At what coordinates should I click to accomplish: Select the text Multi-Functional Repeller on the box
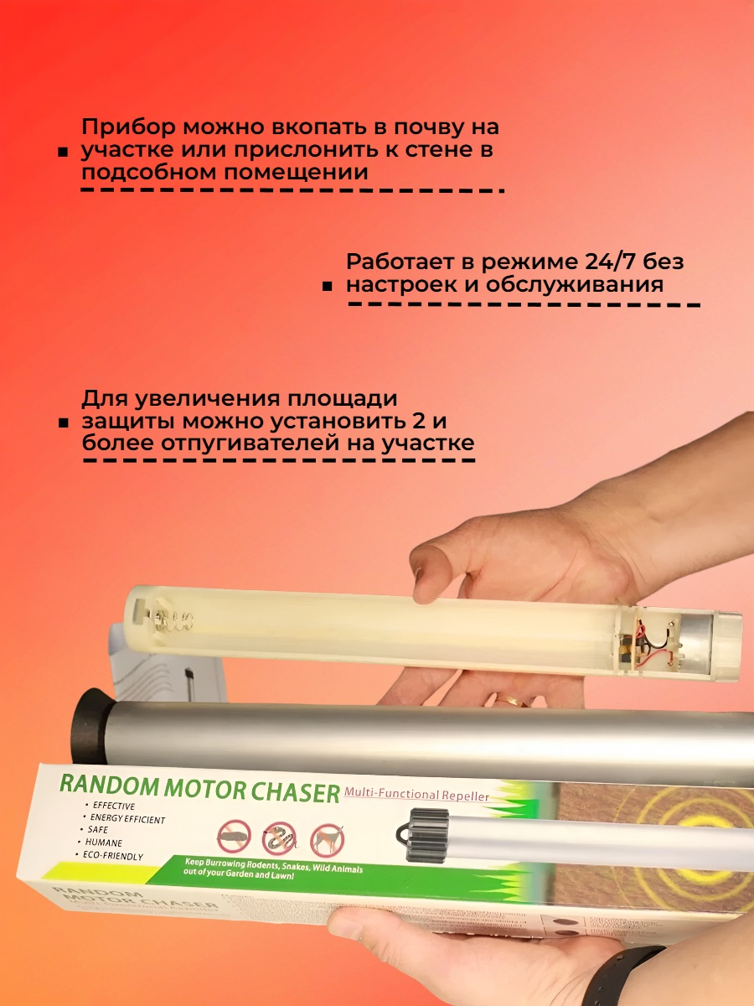click(x=416, y=792)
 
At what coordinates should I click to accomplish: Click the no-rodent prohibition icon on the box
click(x=234, y=837)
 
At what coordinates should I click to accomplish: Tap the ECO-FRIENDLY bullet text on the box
click(x=111, y=856)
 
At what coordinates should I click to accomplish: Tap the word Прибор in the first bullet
click(x=128, y=128)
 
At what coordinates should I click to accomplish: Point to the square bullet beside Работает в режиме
click(x=328, y=287)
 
